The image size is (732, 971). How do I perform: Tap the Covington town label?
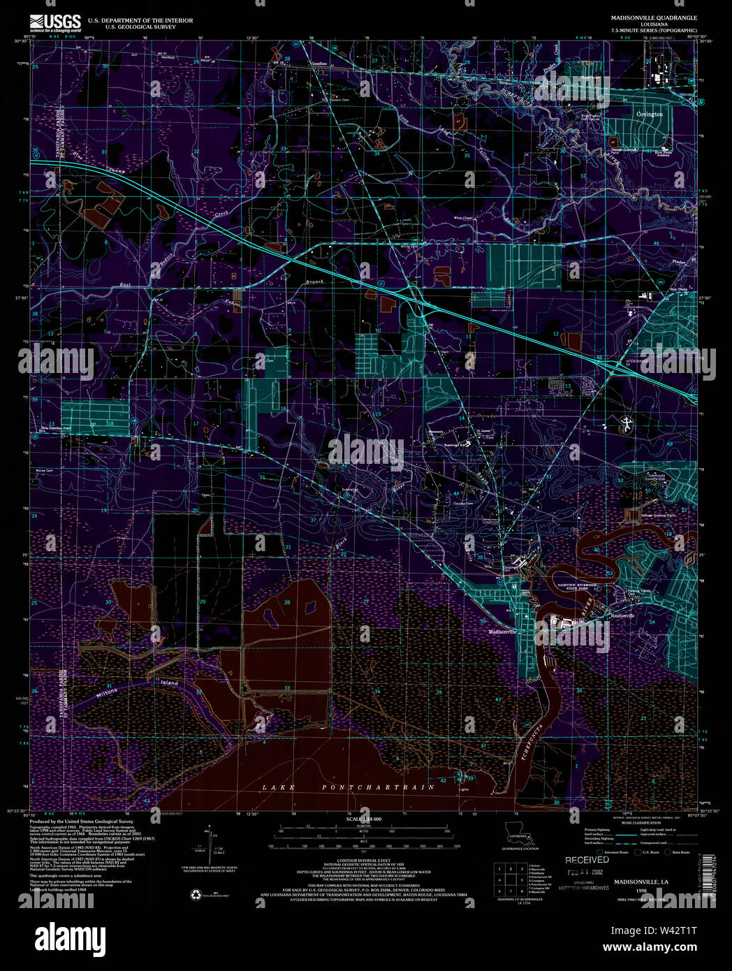click(649, 114)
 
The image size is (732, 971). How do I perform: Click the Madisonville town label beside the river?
click(502, 631)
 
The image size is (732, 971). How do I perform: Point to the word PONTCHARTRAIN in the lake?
click(378, 787)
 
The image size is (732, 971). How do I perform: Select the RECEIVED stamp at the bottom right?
click(587, 860)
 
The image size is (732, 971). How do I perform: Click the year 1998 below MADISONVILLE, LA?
click(641, 891)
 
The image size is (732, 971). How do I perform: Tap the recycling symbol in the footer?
click(195, 893)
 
